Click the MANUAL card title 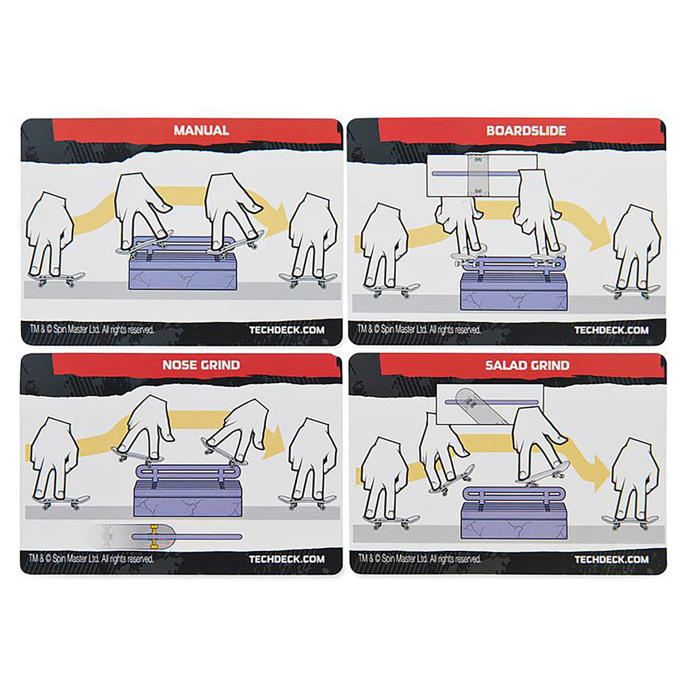[x=202, y=130]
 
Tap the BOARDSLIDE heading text [x=526, y=131]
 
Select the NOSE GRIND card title [x=202, y=365]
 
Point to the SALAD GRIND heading [x=527, y=365]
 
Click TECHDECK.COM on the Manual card [x=287, y=330]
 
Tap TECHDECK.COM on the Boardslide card [x=611, y=330]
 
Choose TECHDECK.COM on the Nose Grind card [x=287, y=559]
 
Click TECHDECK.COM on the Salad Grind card [x=612, y=559]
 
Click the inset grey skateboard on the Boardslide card [x=478, y=176]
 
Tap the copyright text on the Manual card [x=91, y=329]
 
